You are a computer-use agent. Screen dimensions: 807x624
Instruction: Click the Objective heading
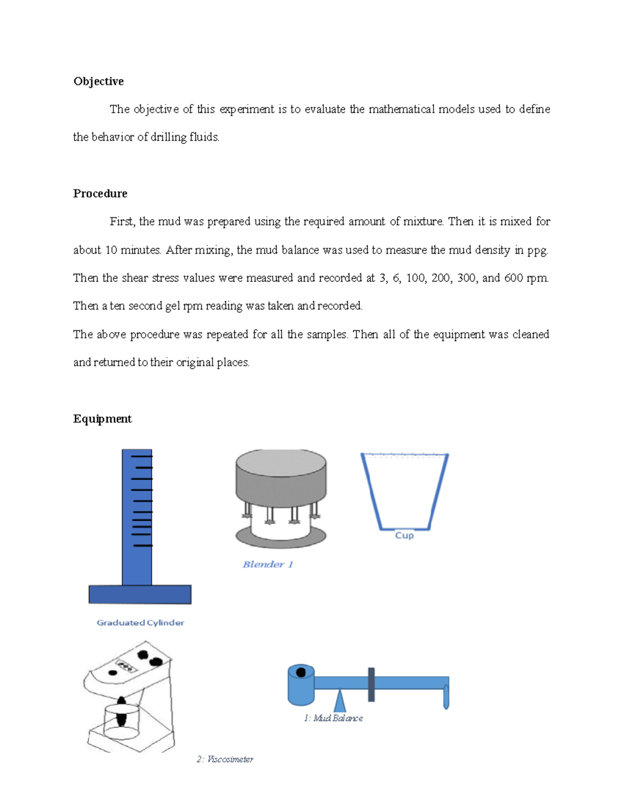tap(98, 82)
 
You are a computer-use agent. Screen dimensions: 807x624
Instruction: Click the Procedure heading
tap(100, 194)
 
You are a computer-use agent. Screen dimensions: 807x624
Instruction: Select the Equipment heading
tap(102, 419)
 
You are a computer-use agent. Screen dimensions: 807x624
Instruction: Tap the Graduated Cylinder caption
tap(140, 623)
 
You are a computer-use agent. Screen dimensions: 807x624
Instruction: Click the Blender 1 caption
tap(268, 564)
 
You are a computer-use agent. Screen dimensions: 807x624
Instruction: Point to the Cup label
tap(404, 536)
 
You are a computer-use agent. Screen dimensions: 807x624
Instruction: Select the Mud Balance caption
tap(333, 718)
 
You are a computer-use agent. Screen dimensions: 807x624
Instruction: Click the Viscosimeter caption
tap(225, 759)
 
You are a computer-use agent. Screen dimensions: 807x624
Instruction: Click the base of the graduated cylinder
tap(140, 594)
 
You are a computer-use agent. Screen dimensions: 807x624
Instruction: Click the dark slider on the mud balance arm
tap(371, 684)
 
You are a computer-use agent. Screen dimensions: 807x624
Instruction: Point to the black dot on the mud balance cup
tap(301, 672)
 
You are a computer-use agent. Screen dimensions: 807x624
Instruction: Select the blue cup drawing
tap(405, 491)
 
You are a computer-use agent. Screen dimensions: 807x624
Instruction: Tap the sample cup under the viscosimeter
tap(121, 722)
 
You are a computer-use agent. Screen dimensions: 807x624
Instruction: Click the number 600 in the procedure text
tap(513, 278)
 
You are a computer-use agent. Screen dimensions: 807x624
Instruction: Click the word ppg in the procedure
tap(537, 250)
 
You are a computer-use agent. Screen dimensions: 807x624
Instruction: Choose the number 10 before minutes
tap(111, 250)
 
